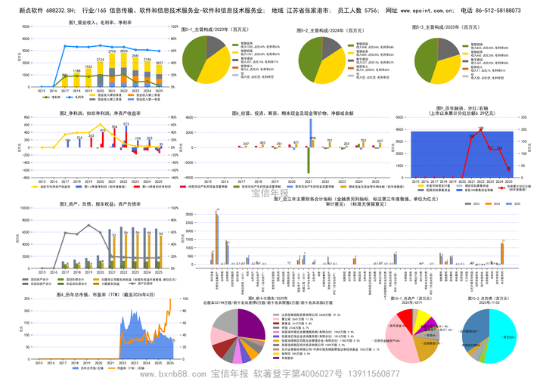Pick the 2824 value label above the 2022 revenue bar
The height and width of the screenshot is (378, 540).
click(112, 51)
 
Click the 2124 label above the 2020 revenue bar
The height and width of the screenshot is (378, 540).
click(100, 59)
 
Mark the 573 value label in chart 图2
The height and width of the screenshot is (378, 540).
click(126, 124)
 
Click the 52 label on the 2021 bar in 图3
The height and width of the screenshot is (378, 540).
click(113, 234)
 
